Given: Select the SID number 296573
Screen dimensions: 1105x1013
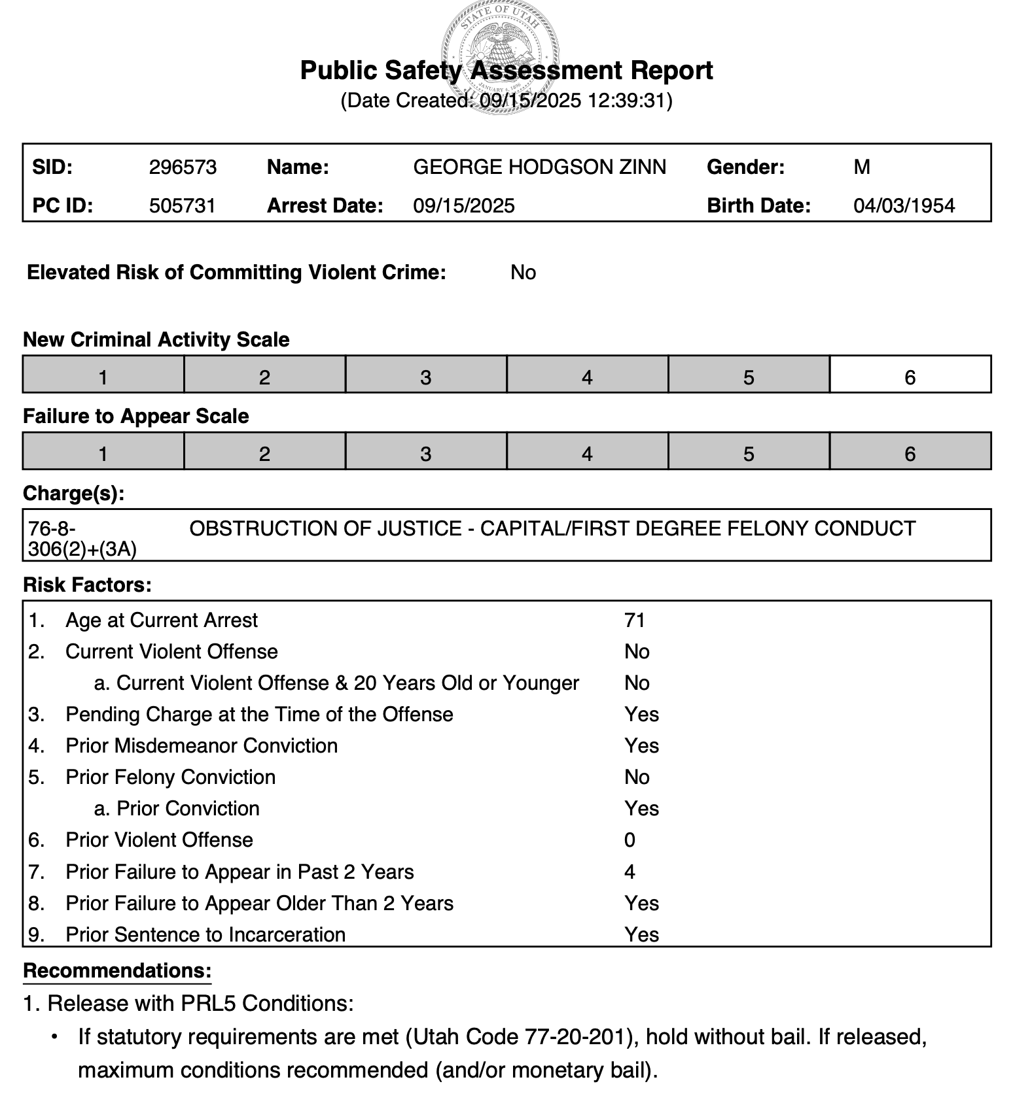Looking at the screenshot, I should pyautogui.click(x=183, y=167).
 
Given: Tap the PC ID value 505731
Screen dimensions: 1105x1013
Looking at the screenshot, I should pyautogui.click(x=182, y=206).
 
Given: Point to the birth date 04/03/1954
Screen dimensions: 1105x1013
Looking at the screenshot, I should pyautogui.click(x=904, y=206).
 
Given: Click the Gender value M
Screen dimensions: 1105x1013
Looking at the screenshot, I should pyautogui.click(x=861, y=167).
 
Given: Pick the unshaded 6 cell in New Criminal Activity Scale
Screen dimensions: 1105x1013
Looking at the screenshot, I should pyautogui.click(x=910, y=377).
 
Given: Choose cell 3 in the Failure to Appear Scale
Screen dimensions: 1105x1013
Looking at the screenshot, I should pyautogui.click(x=425, y=453).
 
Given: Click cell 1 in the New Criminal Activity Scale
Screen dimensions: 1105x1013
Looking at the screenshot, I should pyautogui.click(x=103, y=377).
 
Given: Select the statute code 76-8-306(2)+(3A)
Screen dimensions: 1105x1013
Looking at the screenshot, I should pyautogui.click(x=82, y=539).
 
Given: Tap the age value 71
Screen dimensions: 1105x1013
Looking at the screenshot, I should pyautogui.click(x=635, y=620).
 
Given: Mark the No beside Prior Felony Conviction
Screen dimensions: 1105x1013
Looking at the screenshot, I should pyautogui.click(x=637, y=777).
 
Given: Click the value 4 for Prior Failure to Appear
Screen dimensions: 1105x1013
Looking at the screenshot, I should pyautogui.click(x=630, y=872).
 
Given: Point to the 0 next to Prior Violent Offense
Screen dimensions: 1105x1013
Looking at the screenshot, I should pyautogui.click(x=630, y=840).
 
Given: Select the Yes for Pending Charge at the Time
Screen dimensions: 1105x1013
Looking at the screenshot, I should pyautogui.click(x=641, y=714).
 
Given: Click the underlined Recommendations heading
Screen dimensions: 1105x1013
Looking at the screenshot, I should pyautogui.click(x=117, y=971).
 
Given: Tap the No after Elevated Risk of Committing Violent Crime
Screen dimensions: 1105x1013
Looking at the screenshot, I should pyautogui.click(x=523, y=273).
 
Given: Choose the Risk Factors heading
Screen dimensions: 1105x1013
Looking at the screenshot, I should pyautogui.click(x=87, y=585).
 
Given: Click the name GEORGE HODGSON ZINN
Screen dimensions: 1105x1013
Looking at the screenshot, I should pyautogui.click(x=539, y=167).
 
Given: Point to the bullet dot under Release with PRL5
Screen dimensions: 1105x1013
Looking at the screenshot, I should pyautogui.click(x=56, y=1036).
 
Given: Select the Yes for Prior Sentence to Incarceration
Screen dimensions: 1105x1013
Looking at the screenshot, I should pyautogui.click(x=641, y=934).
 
